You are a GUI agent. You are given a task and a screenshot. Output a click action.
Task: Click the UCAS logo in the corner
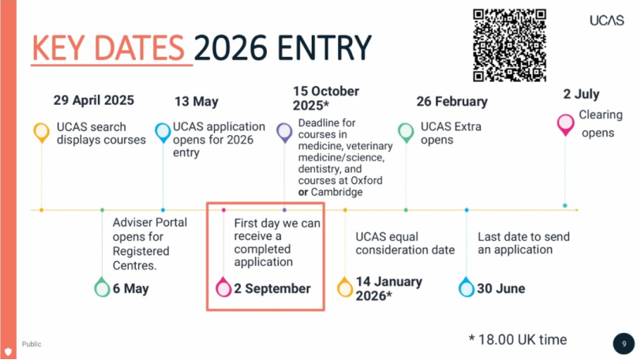[606, 21]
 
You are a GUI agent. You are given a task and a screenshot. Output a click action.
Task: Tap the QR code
[509, 45]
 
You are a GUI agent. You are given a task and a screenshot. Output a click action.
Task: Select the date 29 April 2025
[94, 100]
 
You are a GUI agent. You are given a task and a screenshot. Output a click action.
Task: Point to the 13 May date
[197, 101]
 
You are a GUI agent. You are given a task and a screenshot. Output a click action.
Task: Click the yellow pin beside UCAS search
[41, 132]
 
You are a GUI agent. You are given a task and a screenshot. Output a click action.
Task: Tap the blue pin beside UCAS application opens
[163, 132]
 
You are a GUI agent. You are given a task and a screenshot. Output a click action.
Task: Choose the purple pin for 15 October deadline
[284, 132]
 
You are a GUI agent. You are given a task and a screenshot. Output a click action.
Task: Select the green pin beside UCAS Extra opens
[406, 132]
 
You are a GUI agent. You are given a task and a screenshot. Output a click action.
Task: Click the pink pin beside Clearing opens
[565, 124]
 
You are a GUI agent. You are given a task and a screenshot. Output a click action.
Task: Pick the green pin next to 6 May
[102, 287]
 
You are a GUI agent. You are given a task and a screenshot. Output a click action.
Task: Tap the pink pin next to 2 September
[223, 287]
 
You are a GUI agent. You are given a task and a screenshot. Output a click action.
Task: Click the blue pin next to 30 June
[467, 287]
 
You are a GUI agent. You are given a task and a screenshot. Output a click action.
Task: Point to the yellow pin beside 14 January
[345, 287]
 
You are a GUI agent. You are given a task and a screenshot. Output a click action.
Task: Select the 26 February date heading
[452, 101]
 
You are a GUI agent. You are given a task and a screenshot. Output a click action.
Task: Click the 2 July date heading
[581, 94]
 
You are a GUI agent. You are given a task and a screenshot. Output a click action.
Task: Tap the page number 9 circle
[624, 343]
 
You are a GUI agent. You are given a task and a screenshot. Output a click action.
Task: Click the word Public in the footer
[32, 344]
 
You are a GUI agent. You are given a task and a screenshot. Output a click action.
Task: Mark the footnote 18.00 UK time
[518, 339]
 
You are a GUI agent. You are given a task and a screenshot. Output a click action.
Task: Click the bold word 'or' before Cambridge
[303, 192]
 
